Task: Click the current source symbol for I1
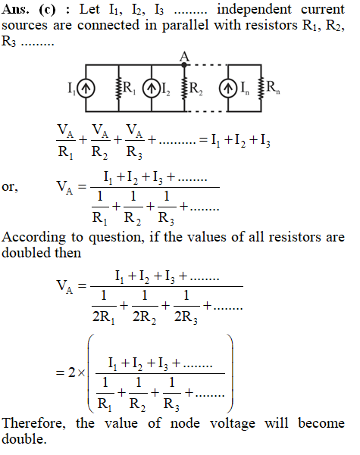pyautogui.click(x=86, y=89)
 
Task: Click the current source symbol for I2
pyautogui.click(x=152, y=89)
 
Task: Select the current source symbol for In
pyautogui.click(x=228, y=89)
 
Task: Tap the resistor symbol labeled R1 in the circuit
pyautogui.click(x=118, y=89)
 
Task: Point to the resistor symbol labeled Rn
pyautogui.click(x=261, y=89)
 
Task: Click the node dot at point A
pyautogui.click(x=184, y=64)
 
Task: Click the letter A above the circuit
pyautogui.click(x=184, y=56)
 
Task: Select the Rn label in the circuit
pyautogui.click(x=273, y=87)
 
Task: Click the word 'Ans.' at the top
pyautogui.click(x=15, y=10)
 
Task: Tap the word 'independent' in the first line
pyautogui.click(x=254, y=10)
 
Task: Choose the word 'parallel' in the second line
pyautogui.click(x=185, y=25)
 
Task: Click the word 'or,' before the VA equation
pyautogui.click(x=10, y=187)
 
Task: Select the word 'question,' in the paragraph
pyautogui.click(x=116, y=238)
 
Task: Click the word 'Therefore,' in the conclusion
pyautogui.click(x=34, y=423)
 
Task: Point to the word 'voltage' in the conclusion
pyautogui.click(x=233, y=424)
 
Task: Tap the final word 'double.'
pyautogui.click(x=24, y=439)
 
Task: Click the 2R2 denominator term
pyautogui.click(x=145, y=317)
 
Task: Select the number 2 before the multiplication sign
pyautogui.click(x=72, y=372)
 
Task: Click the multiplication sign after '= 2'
pyautogui.click(x=81, y=373)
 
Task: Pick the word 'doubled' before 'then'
pyautogui.click(x=27, y=252)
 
